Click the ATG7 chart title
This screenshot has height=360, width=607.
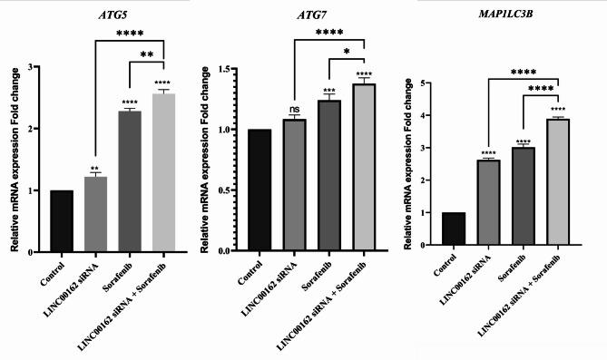(312, 15)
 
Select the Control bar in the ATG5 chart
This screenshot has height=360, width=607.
(63, 221)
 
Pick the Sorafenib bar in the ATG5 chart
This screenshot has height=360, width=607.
(130, 181)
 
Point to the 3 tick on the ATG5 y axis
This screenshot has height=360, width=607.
(33, 67)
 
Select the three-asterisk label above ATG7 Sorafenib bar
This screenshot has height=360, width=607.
(328, 91)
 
